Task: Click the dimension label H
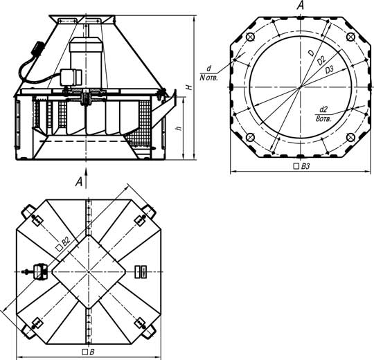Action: [189, 87]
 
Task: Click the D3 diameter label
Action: [329, 70]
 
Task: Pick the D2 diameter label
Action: [321, 61]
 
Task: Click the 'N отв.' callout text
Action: [208, 78]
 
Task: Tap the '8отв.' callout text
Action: [323, 118]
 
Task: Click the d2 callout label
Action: [323, 109]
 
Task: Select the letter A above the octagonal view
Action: [301, 5]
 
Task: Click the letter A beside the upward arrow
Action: [79, 182]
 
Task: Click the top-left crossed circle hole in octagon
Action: [250, 37]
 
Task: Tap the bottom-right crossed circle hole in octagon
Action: [350, 137]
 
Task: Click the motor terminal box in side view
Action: [71, 77]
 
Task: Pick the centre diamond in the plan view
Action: [89, 272]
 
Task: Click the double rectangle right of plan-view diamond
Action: [141, 272]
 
